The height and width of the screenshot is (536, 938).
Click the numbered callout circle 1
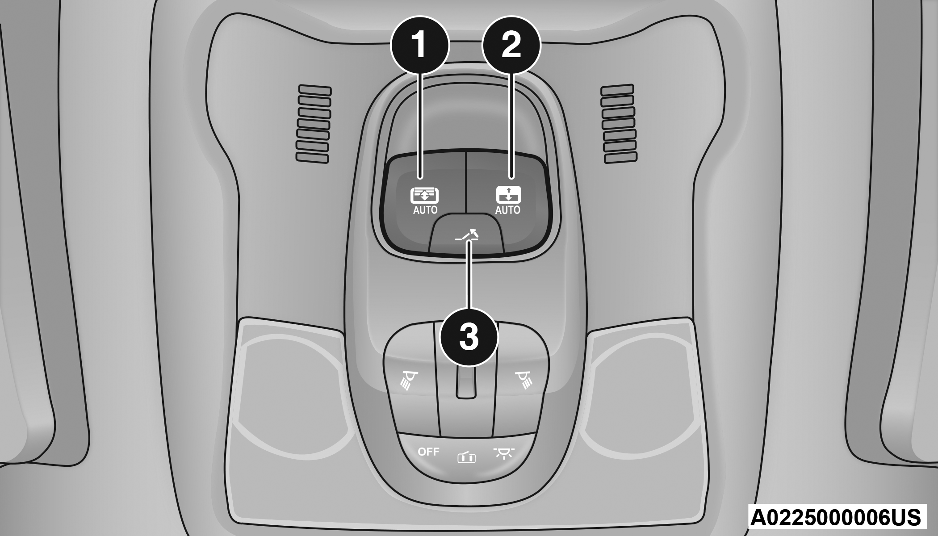(x=419, y=45)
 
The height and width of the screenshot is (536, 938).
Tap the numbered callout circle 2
(x=511, y=45)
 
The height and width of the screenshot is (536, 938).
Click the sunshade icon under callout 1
(x=424, y=196)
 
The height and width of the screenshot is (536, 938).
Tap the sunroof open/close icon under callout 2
(x=508, y=195)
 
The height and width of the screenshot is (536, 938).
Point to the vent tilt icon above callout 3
(x=467, y=235)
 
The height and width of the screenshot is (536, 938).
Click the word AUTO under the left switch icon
(x=425, y=210)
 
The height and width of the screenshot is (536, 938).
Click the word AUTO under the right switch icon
(x=508, y=210)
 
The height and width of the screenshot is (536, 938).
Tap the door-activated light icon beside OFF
(x=466, y=457)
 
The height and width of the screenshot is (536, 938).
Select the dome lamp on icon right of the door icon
(x=504, y=453)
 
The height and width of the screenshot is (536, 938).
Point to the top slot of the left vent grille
(x=315, y=90)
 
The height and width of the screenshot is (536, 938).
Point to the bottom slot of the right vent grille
(x=620, y=158)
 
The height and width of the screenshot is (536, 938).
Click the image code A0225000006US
(x=835, y=517)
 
